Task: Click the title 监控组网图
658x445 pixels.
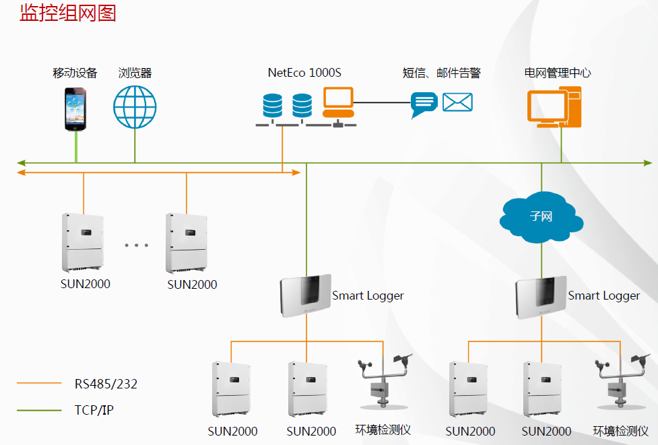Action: coord(68,13)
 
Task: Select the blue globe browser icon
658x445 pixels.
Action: coord(135,107)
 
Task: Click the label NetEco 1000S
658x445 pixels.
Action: coord(304,73)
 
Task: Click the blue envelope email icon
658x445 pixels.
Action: coord(457,102)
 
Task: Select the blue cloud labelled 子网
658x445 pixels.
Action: coord(541,217)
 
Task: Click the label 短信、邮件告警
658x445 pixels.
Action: coord(441,73)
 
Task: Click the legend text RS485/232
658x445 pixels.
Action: coord(106,384)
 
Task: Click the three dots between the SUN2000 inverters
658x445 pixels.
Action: coord(136,245)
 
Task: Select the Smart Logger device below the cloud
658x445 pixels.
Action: coord(539,297)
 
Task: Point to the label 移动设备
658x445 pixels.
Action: coord(75,73)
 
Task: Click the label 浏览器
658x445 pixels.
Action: coord(135,73)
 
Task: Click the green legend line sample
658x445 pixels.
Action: coord(39,409)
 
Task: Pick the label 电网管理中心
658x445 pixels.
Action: coord(558,73)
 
